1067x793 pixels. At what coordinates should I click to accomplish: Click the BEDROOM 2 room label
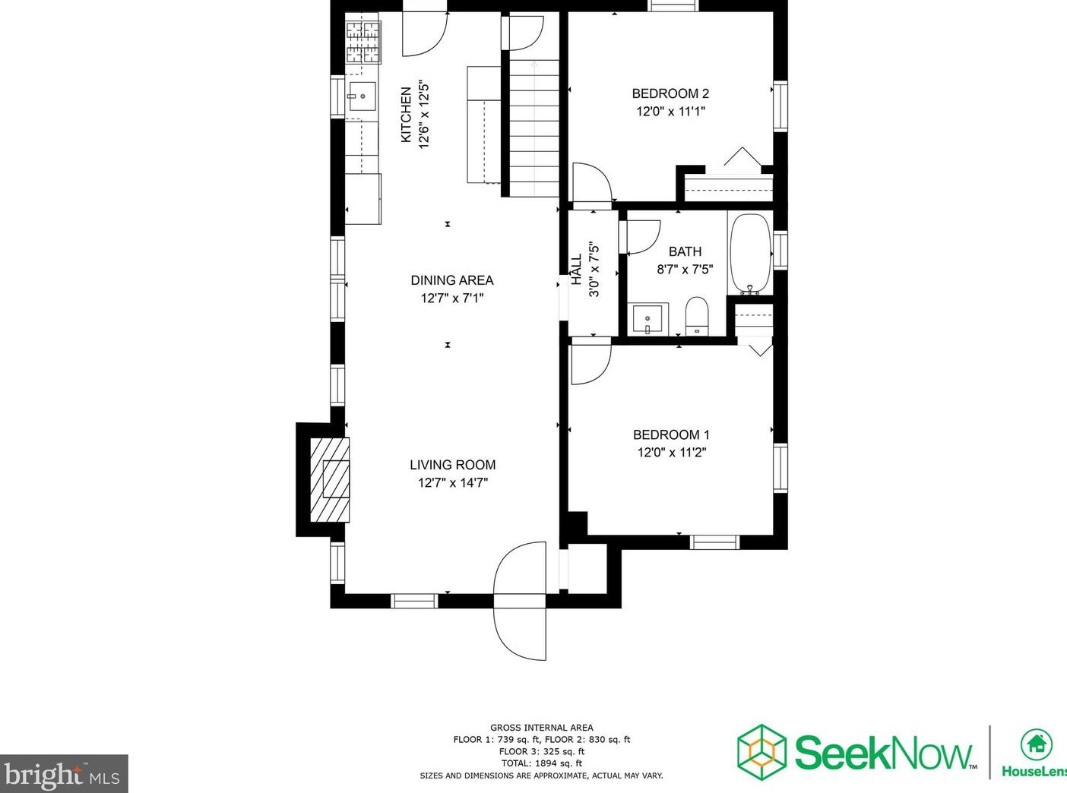tap(670, 93)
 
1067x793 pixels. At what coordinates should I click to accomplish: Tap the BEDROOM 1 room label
tap(671, 434)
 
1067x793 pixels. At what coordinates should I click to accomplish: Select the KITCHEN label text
tap(407, 114)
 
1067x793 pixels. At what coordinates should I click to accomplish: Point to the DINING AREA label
tap(452, 280)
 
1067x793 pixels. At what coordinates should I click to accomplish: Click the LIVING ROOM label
tap(452, 465)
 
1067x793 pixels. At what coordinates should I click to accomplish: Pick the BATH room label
tap(685, 251)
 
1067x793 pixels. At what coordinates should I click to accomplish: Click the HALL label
tap(576, 270)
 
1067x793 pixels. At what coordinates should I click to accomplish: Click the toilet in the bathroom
tap(697, 316)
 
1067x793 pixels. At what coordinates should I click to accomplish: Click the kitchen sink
tap(363, 96)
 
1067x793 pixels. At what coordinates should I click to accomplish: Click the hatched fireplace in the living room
tap(331, 479)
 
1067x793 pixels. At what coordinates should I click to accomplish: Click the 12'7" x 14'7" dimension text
tap(452, 483)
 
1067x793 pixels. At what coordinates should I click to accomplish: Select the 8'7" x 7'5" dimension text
tap(685, 269)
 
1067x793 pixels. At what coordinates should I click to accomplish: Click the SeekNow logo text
tap(884, 752)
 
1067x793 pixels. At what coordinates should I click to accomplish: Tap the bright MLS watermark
tap(64, 775)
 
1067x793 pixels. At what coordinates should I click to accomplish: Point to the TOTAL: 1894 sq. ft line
tap(541, 763)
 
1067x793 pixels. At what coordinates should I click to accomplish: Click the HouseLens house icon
tap(1035, 744)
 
